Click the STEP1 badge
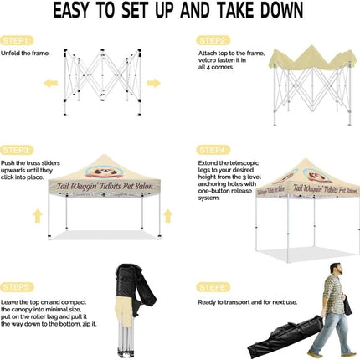[17, 39]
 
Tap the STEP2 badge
[212, 39]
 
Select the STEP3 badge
[17, 149]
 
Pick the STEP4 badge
[212, 149]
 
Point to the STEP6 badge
[212, 287]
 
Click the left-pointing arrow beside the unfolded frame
[51, 83]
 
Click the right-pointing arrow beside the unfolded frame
[153, 83]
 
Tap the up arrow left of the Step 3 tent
[37, 215]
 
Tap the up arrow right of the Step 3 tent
[167, 215]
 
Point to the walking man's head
[335, 269]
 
